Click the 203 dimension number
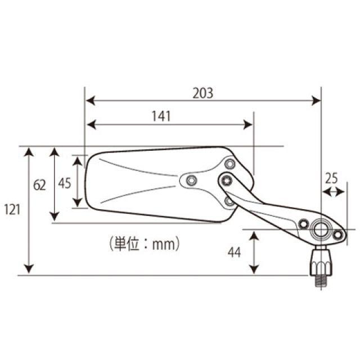click(x=202, y=93)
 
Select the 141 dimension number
click(x=161, y=116)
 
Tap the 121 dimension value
click(x=12, y=210)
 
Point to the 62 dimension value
click(x=39, y=185)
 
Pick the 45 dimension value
click(x=65, y=183)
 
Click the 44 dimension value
click(x=234, y=253)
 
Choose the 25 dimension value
click(x=331, y=178)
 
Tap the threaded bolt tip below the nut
click(x=321, y=281)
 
